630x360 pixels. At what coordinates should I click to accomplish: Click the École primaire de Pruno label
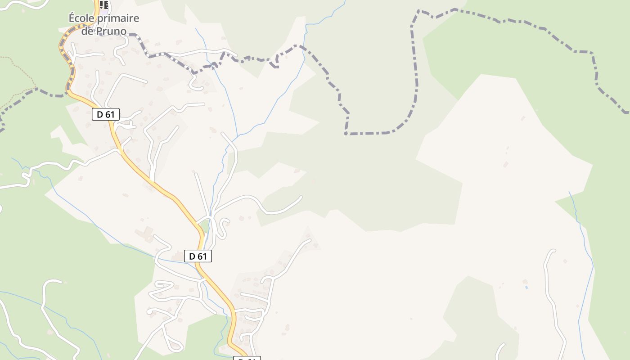(x=104, y=25)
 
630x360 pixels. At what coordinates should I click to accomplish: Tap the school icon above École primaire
(x=104, y=4)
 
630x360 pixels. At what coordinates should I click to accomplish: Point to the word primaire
(x=115, y=18)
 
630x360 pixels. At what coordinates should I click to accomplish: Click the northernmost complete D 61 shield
(x=106, y=114)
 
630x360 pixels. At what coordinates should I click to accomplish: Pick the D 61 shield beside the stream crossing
(x=198, y=256)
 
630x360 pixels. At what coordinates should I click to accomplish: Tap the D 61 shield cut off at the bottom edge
(x=247, y=358)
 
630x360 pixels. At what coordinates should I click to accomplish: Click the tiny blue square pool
(x=526, y=287)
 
